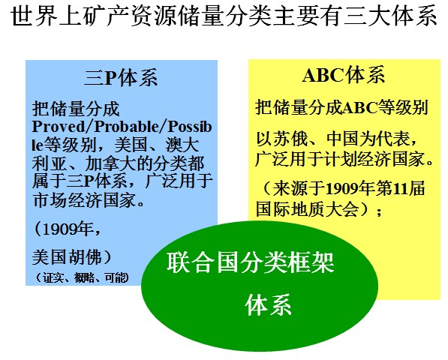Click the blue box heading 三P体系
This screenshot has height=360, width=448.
pyautogui.click(x=121, y=78)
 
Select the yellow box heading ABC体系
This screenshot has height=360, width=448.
pyautogui.click(x=344, y=75)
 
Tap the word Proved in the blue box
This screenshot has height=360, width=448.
pyautogui.click(x=59, y=127)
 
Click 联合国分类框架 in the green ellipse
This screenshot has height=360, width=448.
pyautogui.click(x=251, y=262)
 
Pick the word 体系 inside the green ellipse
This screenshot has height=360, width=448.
pyautogui.click(x=269, y=305)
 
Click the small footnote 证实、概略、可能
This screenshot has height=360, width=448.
pyautogui.click(x=83, y=277)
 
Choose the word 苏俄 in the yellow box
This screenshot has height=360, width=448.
pyautogui.click(x=291, y=139)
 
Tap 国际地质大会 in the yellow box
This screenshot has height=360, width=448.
pyautogui.click(x=308, y=209)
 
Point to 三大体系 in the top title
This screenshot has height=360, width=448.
pyautogui.click(x=390, y=16)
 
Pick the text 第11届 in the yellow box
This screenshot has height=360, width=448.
pyautogui.click(x=401, y=189)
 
